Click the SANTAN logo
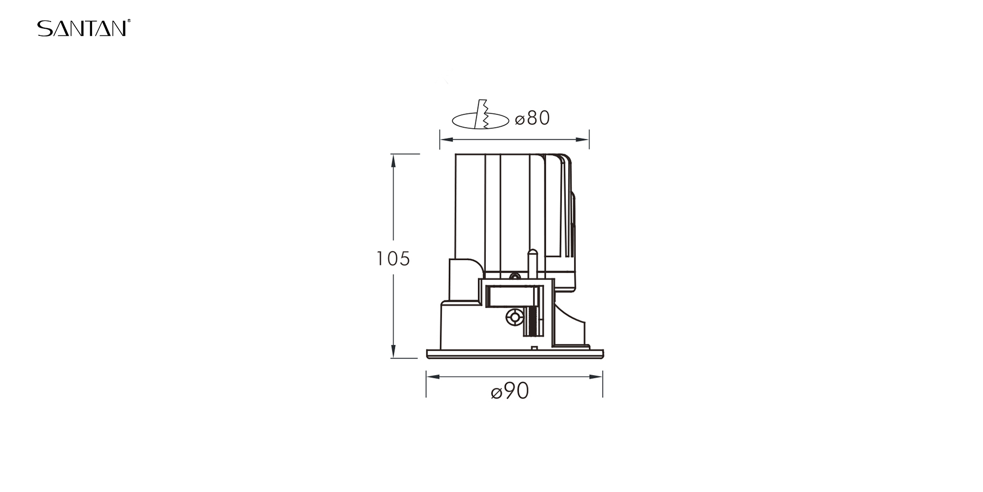84,28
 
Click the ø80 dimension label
532,118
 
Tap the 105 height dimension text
393,259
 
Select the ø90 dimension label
510,392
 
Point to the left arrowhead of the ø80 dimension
447,139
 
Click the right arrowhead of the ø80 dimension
582,139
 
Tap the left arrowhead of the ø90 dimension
433,377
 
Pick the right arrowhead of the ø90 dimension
596,377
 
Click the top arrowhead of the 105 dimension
393,161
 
